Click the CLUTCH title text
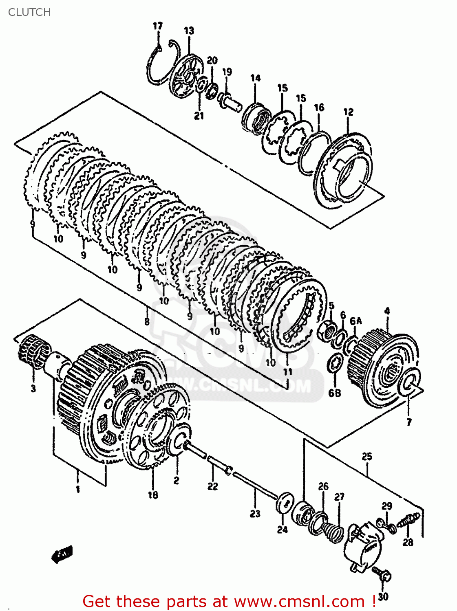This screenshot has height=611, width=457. click(x=29, y=12)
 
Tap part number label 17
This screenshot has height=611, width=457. click(x=157, y=26)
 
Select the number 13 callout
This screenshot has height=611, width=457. click(x=189, y=31)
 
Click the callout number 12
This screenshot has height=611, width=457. click(x=348, y=112)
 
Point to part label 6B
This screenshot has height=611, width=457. click(x=334, y=393)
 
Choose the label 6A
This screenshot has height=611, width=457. click(x=355, y=321)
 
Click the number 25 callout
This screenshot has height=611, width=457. click(x=367, y=456)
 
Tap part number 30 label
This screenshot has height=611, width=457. click(x=383, y=597)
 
